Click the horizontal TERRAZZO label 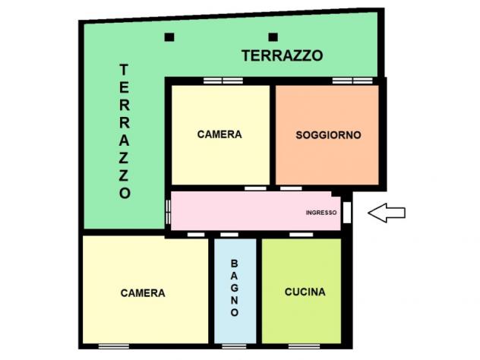click(x=283, y=55)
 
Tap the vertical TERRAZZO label click(x=125, y=131)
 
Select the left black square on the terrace click(x=169, y=36)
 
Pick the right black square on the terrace click(x=273, y=36)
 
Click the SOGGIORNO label click(x=328, y=134)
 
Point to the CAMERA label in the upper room click(x=219, y=134)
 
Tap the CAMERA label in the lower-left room click(x=143, y=292)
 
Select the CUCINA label click(x=305, y=292)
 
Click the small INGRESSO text click(x=321, y=213)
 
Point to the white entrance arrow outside click(x=387, y=213)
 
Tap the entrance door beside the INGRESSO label click(x=347, y=212)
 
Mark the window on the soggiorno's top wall click(x=352, y=80)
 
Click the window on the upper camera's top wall click(x=223, y=80)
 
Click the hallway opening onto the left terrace click(x=169, y=211)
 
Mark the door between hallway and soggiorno click(x=291, y=188)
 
